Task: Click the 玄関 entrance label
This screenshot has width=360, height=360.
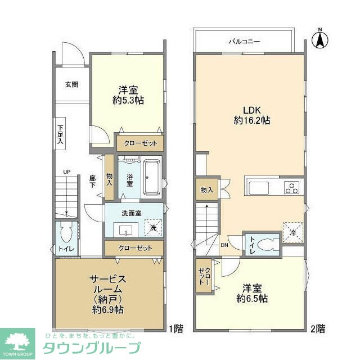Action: pos(71,84)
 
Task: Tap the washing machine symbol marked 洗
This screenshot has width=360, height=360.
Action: pos(152,228)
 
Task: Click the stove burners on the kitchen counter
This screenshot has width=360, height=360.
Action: pos(292,187)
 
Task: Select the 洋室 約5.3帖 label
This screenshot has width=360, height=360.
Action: pos(127,95)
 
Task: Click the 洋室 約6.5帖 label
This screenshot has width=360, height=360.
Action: pos(251,292)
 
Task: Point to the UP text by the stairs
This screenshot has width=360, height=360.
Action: pos(67,172)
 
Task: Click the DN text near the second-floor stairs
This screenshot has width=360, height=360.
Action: pos(223,246)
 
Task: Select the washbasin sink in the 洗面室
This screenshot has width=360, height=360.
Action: pos(124,229)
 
